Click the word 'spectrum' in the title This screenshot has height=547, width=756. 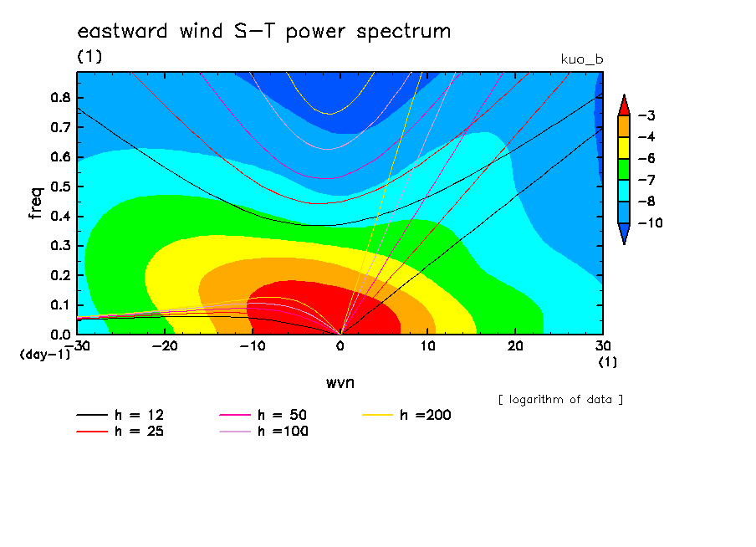pos(404,33)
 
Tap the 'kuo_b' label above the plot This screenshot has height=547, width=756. pos(582,59)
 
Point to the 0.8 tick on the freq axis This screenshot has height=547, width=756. pos(60,97)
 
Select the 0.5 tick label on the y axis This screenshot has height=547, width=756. pos(60,187)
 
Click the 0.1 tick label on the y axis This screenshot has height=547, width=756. pos(60,305)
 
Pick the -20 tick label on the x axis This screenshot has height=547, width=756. pos(165,346)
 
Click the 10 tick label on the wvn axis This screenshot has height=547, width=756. pos(427,346)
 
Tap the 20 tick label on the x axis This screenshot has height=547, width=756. pos(515,346)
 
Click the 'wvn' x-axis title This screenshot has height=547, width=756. pos(340,383)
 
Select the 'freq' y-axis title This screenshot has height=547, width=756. pos(36,202)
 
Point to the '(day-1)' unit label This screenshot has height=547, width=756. pos(45,355)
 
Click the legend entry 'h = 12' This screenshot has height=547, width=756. pos(120,415)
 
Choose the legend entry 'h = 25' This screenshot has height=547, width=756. pos(120,432)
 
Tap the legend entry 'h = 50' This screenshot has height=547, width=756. pos(263,415)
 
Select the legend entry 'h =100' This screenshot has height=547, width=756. pos(263,432)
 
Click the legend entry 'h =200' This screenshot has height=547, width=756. pos(406,415)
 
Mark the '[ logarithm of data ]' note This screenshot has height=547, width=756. pos(561,400)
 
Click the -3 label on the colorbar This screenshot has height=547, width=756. pos(646,115)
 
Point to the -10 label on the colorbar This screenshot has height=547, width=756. pos(650,222)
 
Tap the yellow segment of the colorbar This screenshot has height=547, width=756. pos(624,148)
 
